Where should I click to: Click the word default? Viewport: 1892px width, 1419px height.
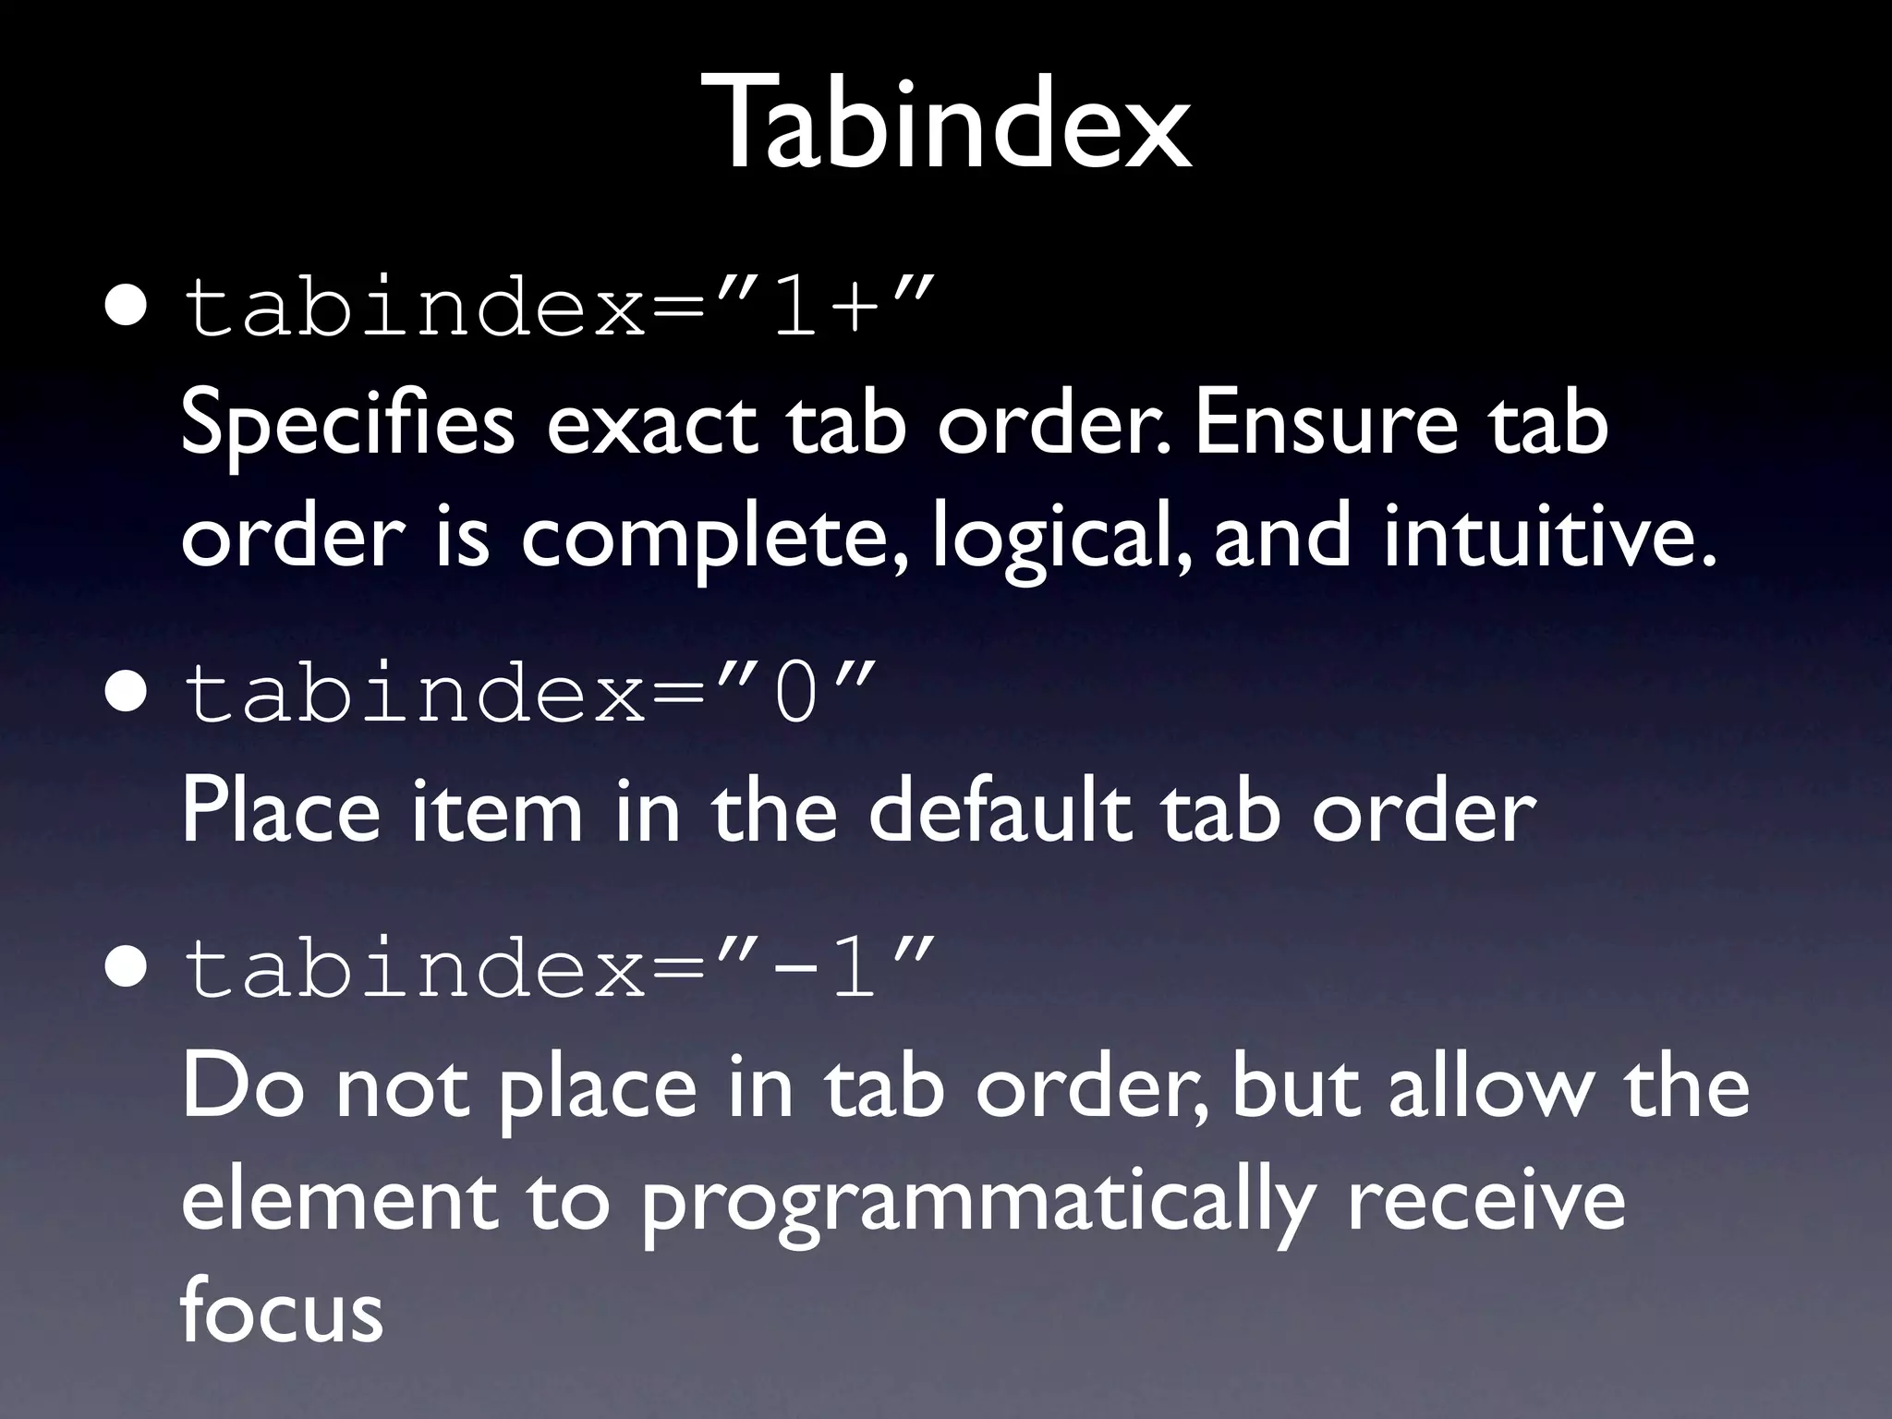pos(999,809)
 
